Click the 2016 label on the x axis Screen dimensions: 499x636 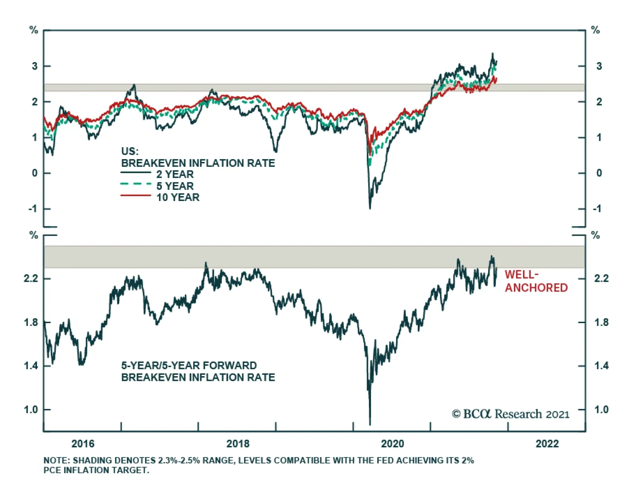[83, 444]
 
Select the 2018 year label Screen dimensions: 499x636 [238, 444]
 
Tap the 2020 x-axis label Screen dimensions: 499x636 [392, 444]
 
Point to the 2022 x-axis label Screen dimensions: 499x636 [547, 444]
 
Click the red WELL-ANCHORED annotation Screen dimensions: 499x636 [536, 281]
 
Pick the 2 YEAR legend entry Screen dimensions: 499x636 [175, 174]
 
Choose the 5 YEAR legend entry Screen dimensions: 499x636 [175, 186]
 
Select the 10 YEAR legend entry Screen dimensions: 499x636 [178, 197]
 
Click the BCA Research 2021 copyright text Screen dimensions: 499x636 [510, 414]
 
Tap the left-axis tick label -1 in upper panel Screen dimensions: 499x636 [33, 209]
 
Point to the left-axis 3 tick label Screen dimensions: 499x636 [35, 66]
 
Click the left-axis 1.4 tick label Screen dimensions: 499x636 [31, 366]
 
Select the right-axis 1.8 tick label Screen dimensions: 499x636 [601, 322]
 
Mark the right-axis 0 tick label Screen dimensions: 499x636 [599, 173]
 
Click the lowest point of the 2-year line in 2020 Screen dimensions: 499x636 [370, 208]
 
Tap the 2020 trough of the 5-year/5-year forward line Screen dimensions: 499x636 [370, 424]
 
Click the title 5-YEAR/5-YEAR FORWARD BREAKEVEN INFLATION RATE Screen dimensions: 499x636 [198, 371]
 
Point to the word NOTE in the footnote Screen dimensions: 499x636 [56, 460]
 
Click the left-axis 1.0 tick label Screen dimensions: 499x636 [31, 409]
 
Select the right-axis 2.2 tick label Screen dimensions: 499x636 [601, 279]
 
